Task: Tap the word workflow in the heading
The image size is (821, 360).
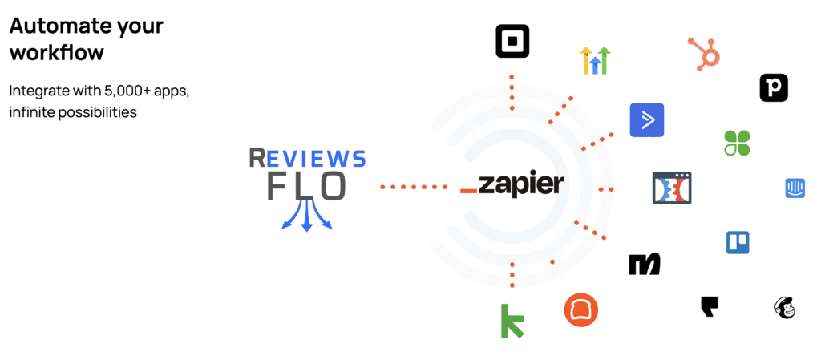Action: [x=57, y=53]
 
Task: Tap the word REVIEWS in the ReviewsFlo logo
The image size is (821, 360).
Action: [x=307, y=158]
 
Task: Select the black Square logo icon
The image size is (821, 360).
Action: [x=512, y=41]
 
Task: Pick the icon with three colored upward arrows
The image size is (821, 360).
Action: [x=595, y=60]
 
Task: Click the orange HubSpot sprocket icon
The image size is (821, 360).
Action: [x=705, y=53]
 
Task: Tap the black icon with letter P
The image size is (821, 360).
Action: [x=774, y=88]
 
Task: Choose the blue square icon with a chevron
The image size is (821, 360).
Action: [x=647, y=120]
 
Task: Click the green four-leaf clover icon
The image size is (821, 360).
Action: [x=737, y=143]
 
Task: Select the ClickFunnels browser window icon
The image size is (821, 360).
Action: [x=672, y=188]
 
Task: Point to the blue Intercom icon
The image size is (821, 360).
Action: [x=795, y=188]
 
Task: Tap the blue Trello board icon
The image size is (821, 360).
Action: [x=738, y=242]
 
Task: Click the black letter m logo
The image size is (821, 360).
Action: [x=645, y=264]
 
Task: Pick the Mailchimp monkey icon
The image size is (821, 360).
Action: [x=785, y=307]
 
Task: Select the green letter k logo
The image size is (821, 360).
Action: [x=512, y=321]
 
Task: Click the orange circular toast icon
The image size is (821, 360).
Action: [x=581, y=310]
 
